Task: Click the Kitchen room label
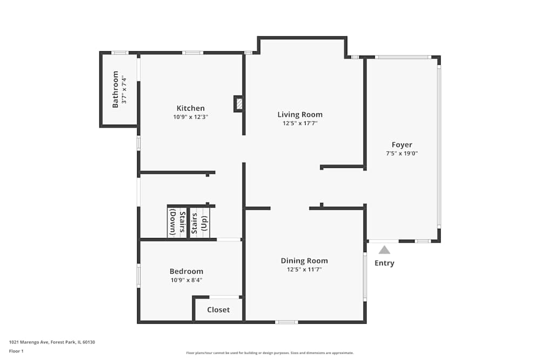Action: coord(191,108)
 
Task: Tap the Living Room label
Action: coord(300,114)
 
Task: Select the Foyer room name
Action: coord(402,145)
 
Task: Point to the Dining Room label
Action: coord(304,261)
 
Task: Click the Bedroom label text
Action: coord(186,271)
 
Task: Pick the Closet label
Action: coord(218,310)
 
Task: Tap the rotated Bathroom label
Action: coord(116,90)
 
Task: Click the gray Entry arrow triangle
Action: coord(384,250)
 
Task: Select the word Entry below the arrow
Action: coord(384,263)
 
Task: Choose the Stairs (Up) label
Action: coord(199,221)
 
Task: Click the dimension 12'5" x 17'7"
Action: coord(300,123)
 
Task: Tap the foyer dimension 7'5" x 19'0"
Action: coord(402,153)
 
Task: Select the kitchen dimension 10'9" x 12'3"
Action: coord(191,117)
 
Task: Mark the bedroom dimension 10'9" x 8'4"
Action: coord(186,280)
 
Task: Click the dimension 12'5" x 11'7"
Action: coord(304,269)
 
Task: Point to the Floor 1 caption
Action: coord(16,351)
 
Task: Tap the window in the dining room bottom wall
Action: coord(286,322)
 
